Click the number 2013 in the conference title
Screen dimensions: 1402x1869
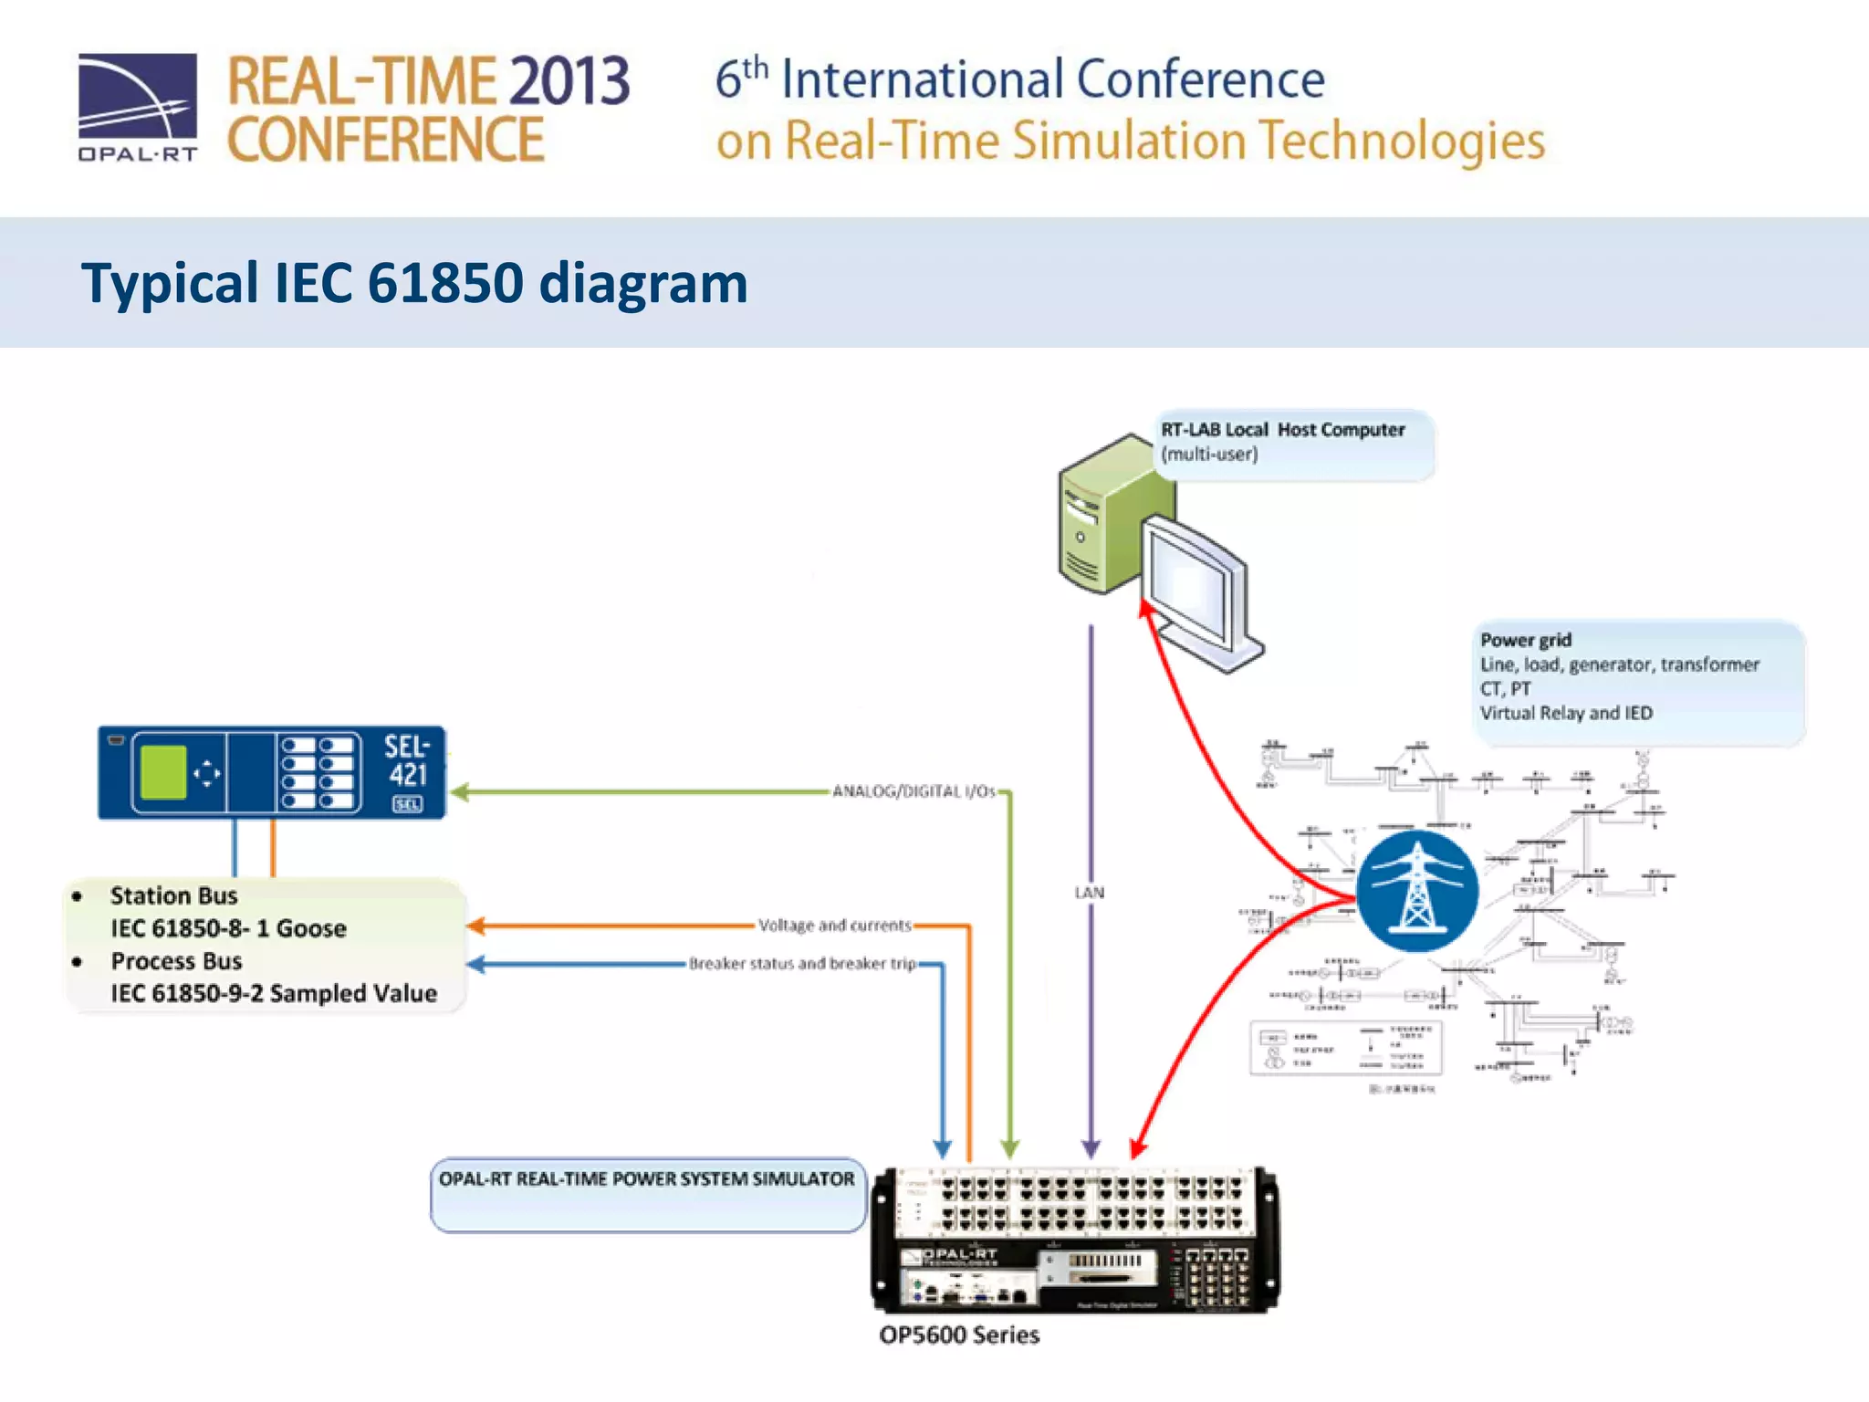[569, 81]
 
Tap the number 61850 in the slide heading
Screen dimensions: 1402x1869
[444, 283]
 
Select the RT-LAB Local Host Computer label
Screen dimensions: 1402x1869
[1282, 430]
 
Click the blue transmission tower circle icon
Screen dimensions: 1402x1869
[1416, 891]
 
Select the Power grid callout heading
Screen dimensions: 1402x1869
[1525, 640]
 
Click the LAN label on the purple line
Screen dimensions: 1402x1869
[1089, 893]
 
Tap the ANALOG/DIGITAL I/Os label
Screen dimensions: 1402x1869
[914, 791]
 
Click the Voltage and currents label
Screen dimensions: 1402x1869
[834, 926]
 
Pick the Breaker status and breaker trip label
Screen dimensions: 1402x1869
[802, 964]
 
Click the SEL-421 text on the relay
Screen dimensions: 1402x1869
[406, 760]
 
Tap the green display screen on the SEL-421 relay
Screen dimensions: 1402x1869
[163, 772]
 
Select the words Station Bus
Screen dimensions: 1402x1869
[173, 895]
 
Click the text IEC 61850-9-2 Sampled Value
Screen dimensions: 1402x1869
[274, 993]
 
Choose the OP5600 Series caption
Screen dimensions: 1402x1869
[959, 1335]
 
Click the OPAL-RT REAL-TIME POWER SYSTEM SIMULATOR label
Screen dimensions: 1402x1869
[646, 1179]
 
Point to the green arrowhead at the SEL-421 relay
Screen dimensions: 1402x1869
[460, 792]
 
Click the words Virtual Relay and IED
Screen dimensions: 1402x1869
[1566, 713]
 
